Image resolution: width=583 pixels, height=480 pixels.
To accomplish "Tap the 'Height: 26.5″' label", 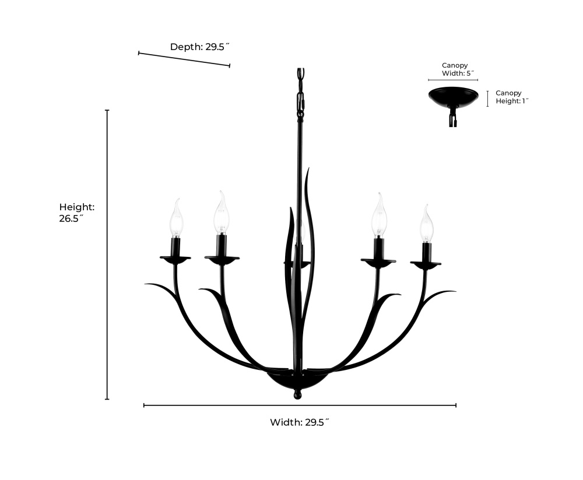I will pos(76,213).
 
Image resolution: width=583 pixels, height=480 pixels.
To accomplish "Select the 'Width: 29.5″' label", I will pos(300,422).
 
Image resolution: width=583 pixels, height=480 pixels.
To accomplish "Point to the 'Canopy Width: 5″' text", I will pos(455,69).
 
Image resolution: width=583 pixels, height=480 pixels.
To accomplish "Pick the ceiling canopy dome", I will pos(453,97).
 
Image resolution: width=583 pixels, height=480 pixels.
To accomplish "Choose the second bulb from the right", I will pos(380,216).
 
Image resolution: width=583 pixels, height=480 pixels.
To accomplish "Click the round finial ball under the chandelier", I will pos(297,395).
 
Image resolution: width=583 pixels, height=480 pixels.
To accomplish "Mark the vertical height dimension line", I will pos(107,255).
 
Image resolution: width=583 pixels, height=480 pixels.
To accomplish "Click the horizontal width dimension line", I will pos(300,405).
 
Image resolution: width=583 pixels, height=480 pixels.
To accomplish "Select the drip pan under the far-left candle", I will pos(175,259).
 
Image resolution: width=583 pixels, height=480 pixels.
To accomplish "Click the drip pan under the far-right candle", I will pos(426,264).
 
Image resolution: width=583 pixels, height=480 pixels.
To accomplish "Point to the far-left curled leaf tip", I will pos(149,284).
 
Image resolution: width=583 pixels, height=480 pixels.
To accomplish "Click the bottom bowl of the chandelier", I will pos(297,382).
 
